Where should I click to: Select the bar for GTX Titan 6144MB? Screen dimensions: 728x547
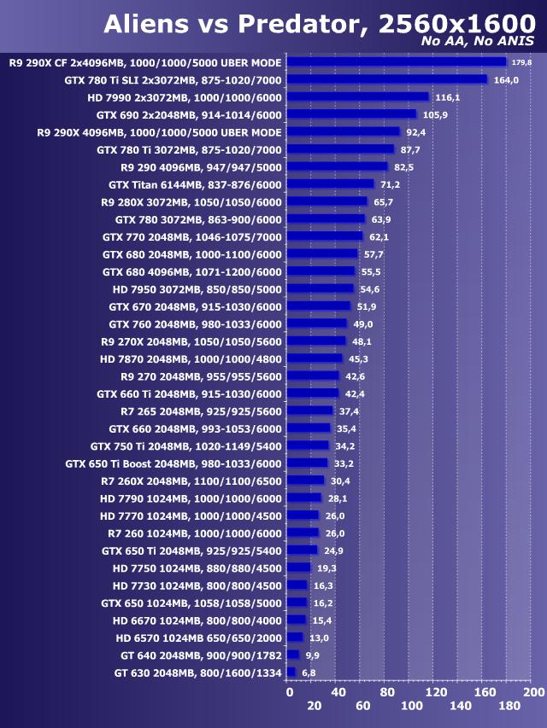pos(330,183)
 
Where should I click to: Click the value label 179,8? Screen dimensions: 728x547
pos(521,61)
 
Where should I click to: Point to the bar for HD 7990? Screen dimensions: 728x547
pos(357,96)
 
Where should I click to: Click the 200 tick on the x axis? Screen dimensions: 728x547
pos(533,691)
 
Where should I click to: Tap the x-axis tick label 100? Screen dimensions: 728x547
pos(411,706)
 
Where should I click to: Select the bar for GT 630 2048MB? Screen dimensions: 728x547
pos(291,673)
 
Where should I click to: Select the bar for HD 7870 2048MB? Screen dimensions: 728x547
pos(315,358)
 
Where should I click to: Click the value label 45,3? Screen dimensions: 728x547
pos(358,358)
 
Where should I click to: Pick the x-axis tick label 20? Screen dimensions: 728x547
pos(314,706)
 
